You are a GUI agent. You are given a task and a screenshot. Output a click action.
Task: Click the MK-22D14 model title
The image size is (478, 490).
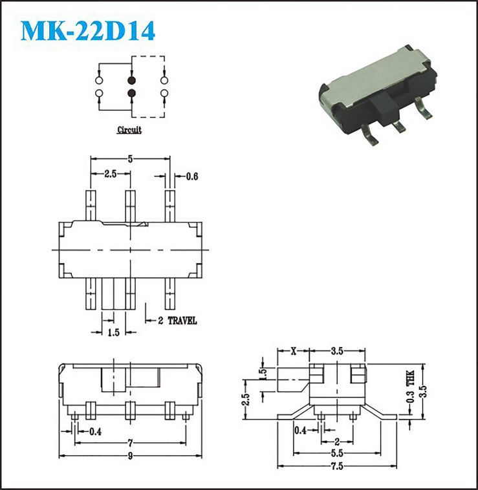point(88,30)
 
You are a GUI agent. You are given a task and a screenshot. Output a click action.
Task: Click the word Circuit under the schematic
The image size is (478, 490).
point(129,130)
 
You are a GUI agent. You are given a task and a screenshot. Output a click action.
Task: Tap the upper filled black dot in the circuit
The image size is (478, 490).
point(131,80)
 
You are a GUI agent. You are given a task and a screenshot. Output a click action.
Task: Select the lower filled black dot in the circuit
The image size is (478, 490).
point(131,93)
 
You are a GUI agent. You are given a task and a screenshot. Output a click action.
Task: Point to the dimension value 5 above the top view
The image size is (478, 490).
point(130,159)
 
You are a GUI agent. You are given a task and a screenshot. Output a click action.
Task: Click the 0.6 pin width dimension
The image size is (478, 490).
point(192,176)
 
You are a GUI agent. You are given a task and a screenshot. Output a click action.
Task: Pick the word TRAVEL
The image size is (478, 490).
point(182,321)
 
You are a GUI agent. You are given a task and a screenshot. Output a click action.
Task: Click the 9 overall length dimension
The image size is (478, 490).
point(131,456)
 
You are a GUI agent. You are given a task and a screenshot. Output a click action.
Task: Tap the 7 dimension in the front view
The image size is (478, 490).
point(131,443)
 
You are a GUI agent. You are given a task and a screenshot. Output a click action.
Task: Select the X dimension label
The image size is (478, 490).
point(293,351)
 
